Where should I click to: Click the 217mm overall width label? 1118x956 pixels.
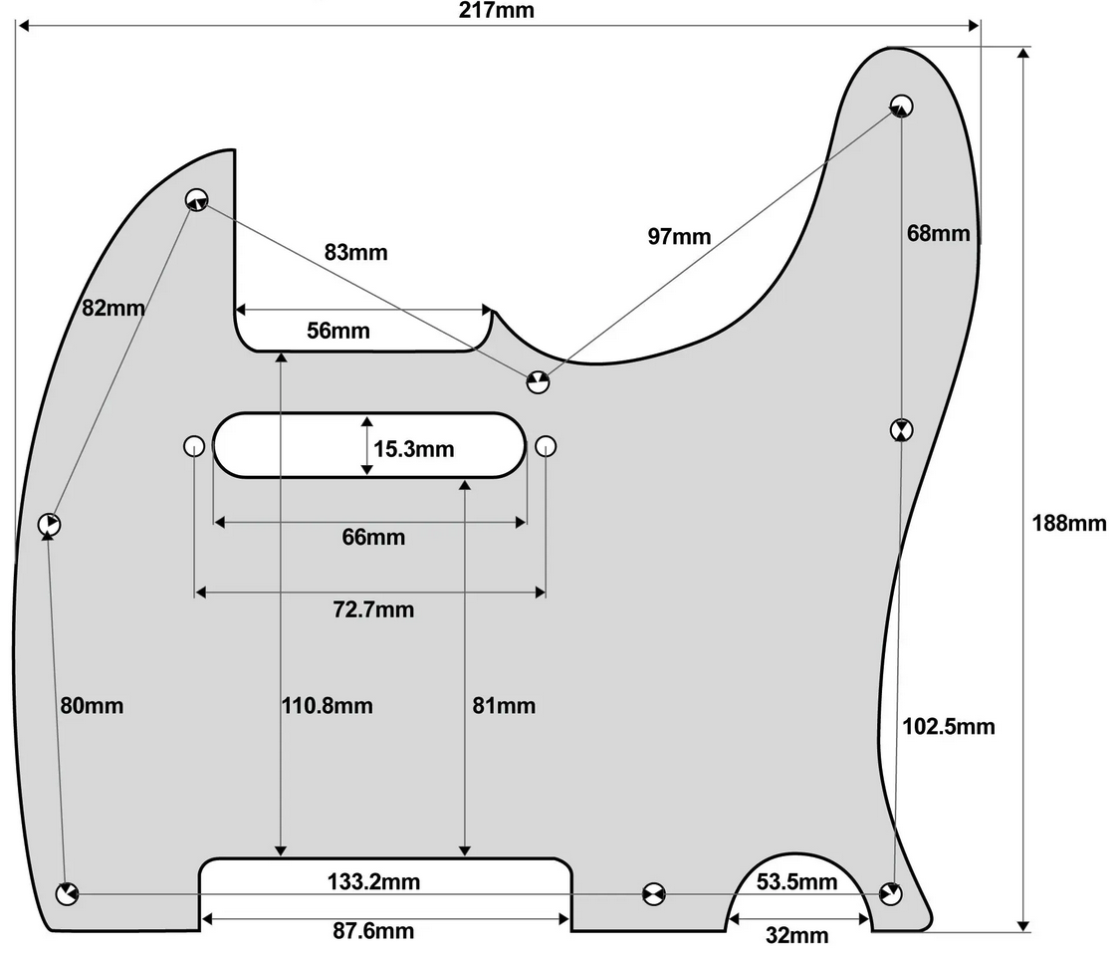click(x=496, y=10)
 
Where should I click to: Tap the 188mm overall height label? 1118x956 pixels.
click(x=1069, y=523)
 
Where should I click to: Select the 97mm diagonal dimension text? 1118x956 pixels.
click(x=679, y=236)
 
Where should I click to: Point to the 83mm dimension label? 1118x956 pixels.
click(x=355, y=252)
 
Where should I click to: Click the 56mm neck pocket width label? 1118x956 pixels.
click(x=337, y=331)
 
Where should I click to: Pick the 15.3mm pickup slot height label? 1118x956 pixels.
click(x=413, y=449)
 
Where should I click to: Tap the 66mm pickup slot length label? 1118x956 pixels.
click(x=373, y=537)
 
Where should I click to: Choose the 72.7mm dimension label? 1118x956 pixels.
click(x=373, y=609)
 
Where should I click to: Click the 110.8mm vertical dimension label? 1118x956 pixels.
click(x=327, y=706)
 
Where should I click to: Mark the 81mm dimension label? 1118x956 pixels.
click(x=504, y=706)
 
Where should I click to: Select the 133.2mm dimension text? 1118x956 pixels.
click(x=373, y=881)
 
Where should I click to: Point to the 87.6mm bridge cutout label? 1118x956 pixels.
click(x=373, y=930)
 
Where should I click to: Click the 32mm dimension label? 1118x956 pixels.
click(x=796, y=935)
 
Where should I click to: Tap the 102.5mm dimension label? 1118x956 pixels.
click(x=949, y=726)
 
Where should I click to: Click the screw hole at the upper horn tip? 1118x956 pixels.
click(x=901, y=106)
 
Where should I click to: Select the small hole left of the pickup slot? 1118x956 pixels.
click(x=194, y=446)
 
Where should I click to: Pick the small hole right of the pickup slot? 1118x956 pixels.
click(x=546, y=446)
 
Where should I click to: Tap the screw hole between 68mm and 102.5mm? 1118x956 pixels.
click(x=902, y=430)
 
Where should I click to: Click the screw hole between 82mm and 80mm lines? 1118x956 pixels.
click(x=49, y=525)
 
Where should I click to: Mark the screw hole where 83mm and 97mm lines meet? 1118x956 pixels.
click(x=539, y=381)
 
